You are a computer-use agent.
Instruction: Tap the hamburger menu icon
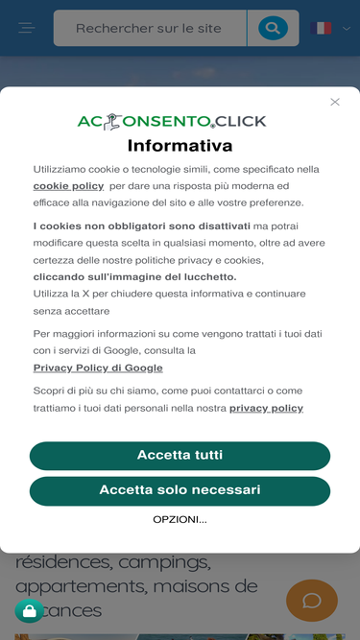point(27,29)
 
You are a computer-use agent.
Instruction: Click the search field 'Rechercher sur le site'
point(149,29)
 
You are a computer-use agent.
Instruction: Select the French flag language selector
point(322,29)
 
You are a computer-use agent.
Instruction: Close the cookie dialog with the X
point(335,102)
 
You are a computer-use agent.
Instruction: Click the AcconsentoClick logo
point(172,122)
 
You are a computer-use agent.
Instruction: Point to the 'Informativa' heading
point(180,146)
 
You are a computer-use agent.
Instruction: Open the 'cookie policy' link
point(68,186)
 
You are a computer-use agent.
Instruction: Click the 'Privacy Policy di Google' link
point(98,367)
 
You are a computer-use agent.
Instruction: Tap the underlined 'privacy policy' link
point(266,408)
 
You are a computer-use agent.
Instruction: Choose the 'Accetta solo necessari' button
point(180,490)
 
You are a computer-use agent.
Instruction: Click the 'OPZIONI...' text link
point(180,519)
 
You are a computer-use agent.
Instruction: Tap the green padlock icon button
point(29,611)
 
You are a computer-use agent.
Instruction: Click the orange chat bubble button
point(312,601)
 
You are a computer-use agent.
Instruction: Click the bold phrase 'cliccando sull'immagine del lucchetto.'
point(134,277)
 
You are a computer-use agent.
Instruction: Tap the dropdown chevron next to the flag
point(347,29)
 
